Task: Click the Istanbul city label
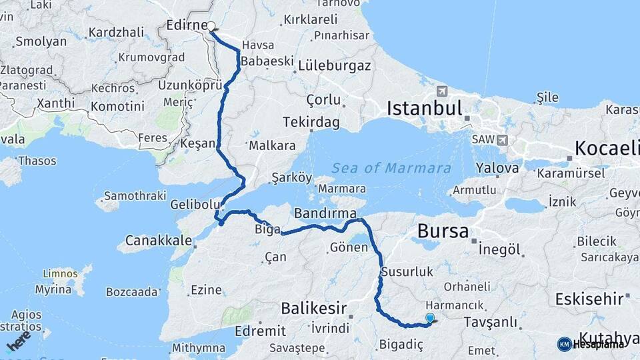(424, 108)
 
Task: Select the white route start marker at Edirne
(211, 27)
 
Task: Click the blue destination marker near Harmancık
(430, 319)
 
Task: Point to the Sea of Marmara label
(391, 168)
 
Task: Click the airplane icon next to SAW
(501, 140)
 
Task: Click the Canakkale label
(151, 239)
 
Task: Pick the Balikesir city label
(313, 308)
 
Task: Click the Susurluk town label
(407, 272)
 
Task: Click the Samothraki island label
(130, 197)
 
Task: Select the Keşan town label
(198, 144)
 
